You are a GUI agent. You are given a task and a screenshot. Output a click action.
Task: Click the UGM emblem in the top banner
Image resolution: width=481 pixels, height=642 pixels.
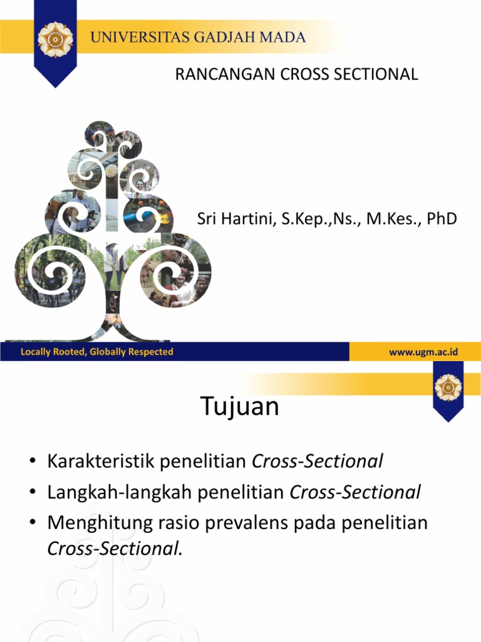click(x=55, y=39)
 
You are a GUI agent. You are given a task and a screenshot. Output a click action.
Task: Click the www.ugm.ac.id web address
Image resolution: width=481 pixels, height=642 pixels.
click(x=423, y=352)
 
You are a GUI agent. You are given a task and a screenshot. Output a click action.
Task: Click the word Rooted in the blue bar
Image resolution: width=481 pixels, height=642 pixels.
click(x=68, y=352)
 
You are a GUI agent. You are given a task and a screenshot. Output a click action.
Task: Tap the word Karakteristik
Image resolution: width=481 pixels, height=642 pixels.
click(x=100, y=462)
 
